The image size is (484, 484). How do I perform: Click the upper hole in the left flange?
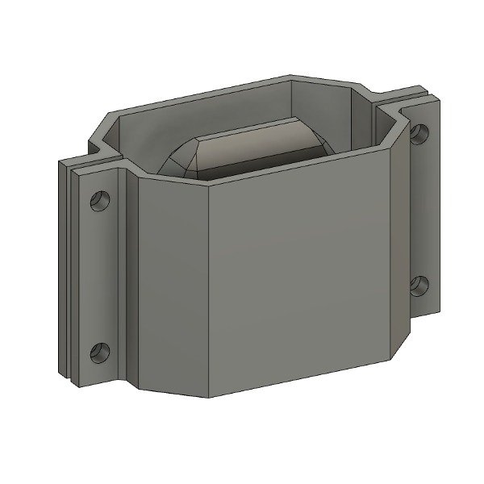pos(100,198)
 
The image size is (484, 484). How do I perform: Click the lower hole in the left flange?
pos(98,352)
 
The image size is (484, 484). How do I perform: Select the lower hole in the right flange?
pos(419,284)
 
